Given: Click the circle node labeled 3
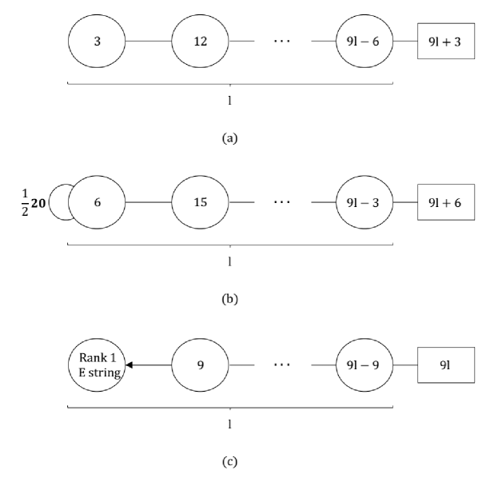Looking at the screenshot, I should [x=96, y=42].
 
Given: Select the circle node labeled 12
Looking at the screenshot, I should [x=200, y=42].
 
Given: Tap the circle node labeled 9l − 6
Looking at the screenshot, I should [x=364, y=42].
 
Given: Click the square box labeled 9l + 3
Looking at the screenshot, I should [x=446, y=42].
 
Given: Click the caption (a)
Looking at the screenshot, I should [x=229, y=137].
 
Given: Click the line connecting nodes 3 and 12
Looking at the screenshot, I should [x=148, y=42].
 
